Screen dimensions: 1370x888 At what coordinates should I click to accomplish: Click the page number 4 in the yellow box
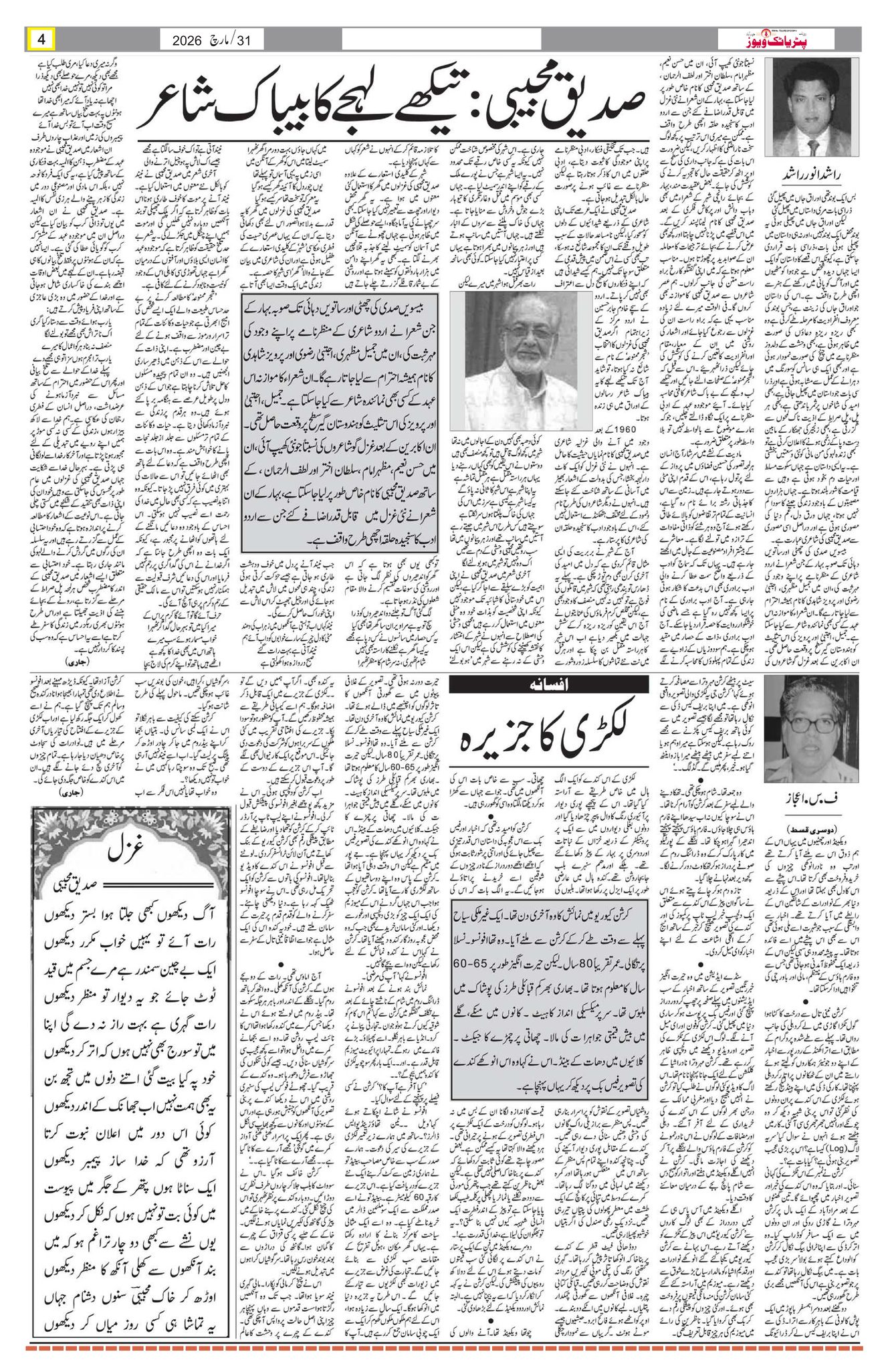pos(41,39)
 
